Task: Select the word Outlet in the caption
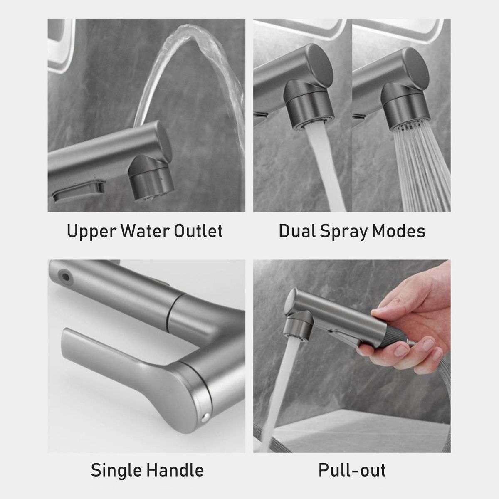[x=198, y=230]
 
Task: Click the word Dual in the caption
[x=297, y=230]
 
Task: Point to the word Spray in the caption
[x=343, y=232]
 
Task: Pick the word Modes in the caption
[x=398, y=230]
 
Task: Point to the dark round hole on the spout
[x=65, y=277]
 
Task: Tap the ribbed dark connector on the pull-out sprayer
[x=395, y=337]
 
